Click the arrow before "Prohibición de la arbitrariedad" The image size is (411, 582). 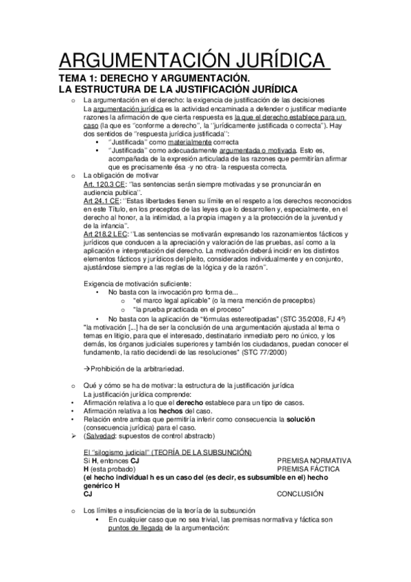click(x=86, y=369)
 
